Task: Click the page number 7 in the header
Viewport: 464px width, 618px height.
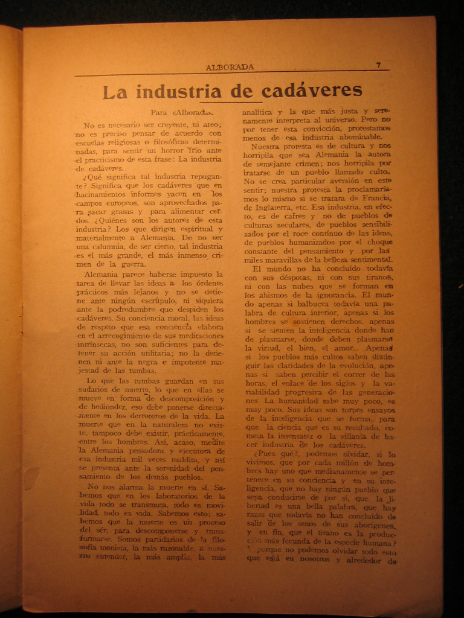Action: [378, 65]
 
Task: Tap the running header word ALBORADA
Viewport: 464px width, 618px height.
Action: [230, 67]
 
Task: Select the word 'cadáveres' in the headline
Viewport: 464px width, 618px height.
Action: [312, 91]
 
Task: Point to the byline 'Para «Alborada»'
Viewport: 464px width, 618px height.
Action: [182, 112]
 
